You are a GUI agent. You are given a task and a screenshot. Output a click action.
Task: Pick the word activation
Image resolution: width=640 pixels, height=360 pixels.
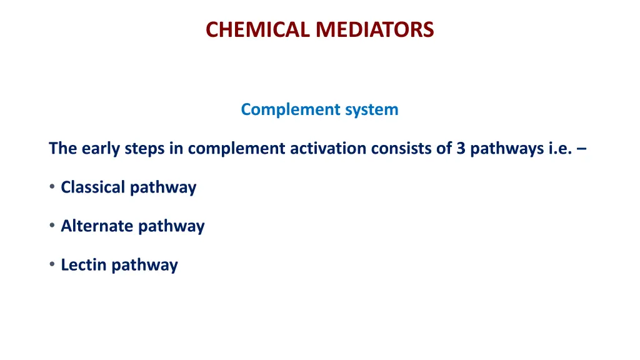tap(328, 148)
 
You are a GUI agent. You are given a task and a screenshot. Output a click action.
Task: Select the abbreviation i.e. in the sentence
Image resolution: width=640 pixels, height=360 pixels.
tap(558, 148)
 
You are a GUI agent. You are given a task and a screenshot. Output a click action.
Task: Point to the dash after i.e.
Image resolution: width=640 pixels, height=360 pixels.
tap(582, 149)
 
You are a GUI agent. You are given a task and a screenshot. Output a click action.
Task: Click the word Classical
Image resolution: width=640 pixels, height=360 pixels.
tap(92, 187)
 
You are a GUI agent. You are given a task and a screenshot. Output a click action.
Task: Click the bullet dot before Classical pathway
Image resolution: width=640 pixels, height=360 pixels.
tap(52, 187)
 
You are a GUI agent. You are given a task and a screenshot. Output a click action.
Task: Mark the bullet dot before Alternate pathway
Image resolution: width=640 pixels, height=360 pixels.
tap(52, 226)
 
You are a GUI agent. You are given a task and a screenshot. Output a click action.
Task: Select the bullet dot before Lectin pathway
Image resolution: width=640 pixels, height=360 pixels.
tap(52, 264)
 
